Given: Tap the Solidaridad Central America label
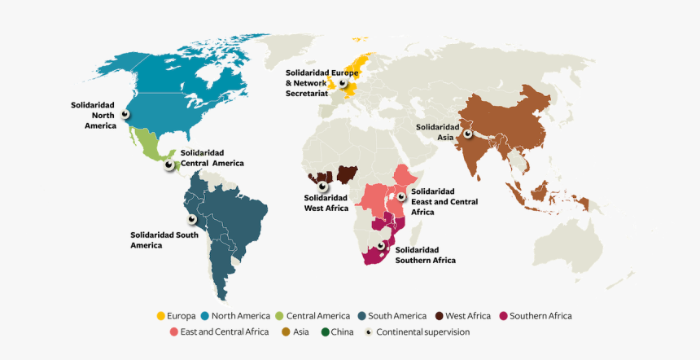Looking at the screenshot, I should (x=212, y=157).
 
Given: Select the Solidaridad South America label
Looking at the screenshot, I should (x=164, y=239).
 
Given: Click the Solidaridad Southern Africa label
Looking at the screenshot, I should (x=426, y=254).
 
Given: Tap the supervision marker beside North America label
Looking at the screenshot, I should (x=125, y=115).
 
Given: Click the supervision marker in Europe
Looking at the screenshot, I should (x=343, y=82).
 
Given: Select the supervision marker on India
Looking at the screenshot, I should (x=468, y=134).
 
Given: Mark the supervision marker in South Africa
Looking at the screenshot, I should (x=381, y=246).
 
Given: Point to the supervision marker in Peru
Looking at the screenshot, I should (x=192, y=219).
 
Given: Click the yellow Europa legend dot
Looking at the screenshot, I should (x=161, y=316).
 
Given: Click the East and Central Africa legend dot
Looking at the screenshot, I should (x=174, y=332).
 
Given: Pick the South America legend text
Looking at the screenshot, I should (x=397, y=316).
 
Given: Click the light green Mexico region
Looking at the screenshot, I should (x=151, y=146).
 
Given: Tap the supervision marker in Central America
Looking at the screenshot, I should (x=169, y=165).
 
